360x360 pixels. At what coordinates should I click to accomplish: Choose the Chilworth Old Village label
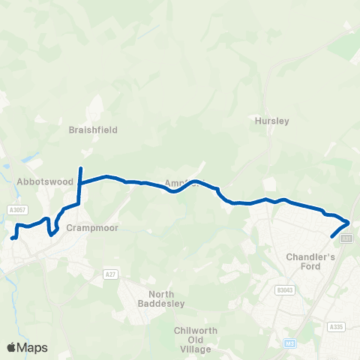(195, 337)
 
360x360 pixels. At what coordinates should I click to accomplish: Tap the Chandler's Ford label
(304, 261)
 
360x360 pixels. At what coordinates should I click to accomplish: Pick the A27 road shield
(111, 274)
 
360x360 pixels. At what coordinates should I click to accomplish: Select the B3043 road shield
(283, 289)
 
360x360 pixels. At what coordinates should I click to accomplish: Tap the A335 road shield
(335, 327)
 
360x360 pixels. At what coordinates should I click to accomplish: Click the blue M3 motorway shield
(290, 344)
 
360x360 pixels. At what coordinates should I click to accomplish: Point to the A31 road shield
(346, 238)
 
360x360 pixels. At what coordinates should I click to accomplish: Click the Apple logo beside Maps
(11, 347)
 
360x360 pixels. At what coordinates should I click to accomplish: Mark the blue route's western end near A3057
(12, 239)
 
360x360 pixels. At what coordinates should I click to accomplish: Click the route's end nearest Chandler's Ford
(332, 236)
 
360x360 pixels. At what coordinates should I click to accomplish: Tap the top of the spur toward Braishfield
(80, 167)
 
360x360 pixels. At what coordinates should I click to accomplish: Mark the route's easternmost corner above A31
(349, 221)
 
